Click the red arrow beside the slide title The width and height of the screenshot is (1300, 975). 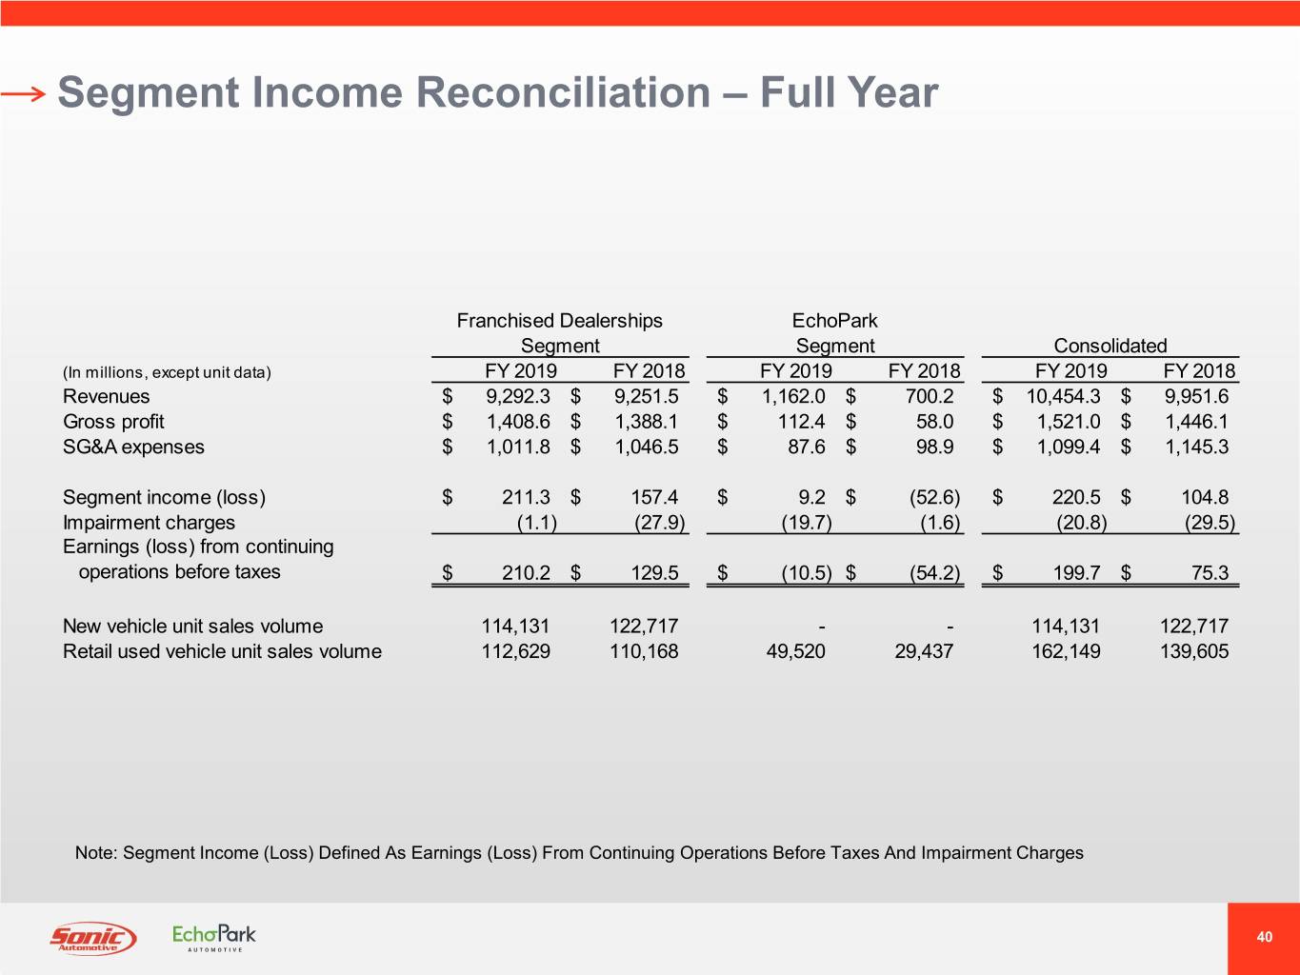coord(23,93)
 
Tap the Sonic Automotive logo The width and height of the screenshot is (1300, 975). coord(92,938)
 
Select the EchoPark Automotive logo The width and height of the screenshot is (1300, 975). coord(214,937)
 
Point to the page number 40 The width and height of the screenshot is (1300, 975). coord(1264,937)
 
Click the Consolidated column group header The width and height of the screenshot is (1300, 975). coord(1110,346)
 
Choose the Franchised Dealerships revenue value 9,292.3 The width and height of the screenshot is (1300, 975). coord(517,396)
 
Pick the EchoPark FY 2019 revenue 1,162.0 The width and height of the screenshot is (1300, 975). coord(793,396)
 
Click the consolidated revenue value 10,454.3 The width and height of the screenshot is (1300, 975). coord(1063,396)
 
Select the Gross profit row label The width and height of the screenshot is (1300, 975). coord(113,422)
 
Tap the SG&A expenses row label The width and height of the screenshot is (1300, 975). coord(133,447)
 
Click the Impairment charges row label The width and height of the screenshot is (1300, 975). coord(149,522)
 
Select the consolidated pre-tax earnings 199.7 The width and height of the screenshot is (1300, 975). coord(1075,572)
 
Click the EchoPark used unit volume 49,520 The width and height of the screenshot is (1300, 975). coord(795,651)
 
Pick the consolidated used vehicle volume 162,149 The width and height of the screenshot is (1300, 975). coord(1066,651)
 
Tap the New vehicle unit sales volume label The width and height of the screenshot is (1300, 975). coord(192,626)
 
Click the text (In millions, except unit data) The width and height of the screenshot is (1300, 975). coord(167,372)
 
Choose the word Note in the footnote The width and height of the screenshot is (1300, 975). coord(94,852)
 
